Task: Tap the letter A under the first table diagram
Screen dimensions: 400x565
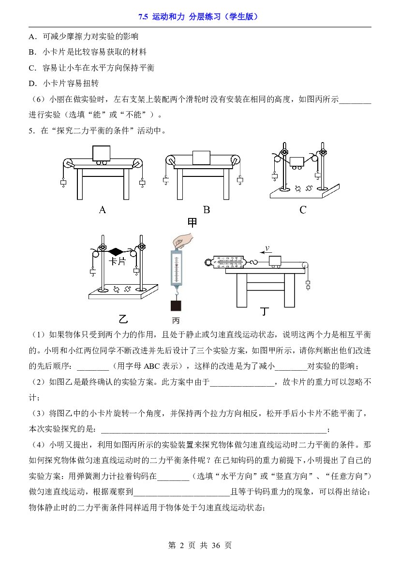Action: point(103,210)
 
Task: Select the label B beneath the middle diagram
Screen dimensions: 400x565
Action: point(207,210)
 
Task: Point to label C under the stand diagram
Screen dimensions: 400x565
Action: point(303,210)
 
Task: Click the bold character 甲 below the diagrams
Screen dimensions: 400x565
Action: point(192,223)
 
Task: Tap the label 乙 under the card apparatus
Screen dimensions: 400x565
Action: point(123,319)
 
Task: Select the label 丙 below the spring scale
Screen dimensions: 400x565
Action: point(176,321)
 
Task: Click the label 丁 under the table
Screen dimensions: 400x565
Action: point(265,311)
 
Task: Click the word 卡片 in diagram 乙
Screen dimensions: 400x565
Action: point(117,261)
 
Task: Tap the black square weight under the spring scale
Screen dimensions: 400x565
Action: point(176,305)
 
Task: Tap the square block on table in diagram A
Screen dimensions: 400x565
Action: point(102,153)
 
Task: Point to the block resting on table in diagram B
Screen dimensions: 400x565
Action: point(201,158)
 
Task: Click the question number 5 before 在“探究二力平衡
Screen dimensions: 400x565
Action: point(31,131)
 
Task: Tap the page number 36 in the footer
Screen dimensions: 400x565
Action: point(216,546)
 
